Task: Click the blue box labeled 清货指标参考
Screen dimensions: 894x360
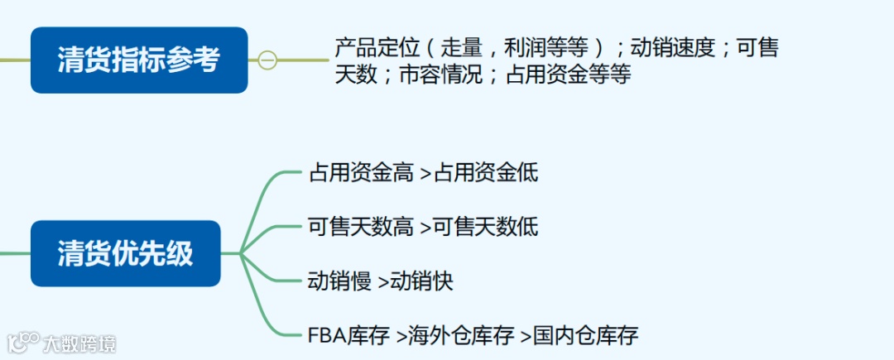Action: (139, 60)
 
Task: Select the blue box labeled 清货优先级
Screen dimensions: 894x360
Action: (126, 253)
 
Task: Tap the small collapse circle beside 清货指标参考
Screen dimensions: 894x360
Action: (267, 60)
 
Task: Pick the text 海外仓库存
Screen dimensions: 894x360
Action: (456, 335)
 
